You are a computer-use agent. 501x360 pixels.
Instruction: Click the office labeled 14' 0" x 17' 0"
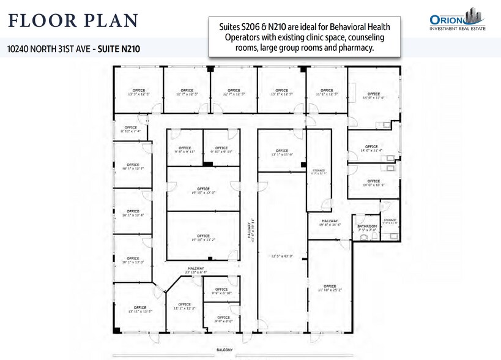373,95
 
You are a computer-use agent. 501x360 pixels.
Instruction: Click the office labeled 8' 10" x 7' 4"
131,129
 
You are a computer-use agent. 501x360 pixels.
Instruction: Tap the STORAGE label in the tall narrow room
319,171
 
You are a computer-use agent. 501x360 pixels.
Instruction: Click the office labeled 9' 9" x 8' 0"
225,318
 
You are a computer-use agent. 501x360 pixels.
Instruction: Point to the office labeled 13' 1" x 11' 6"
281,152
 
